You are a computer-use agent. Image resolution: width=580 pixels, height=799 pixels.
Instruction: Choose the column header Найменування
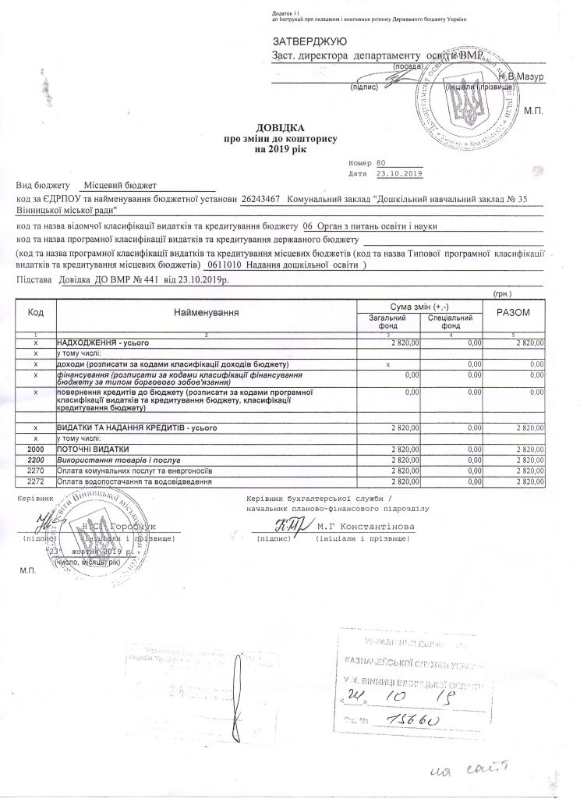point(207,313)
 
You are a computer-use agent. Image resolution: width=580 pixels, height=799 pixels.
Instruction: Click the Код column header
point(35,313)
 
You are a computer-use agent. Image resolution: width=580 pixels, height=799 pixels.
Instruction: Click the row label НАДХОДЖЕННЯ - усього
point(101,343)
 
